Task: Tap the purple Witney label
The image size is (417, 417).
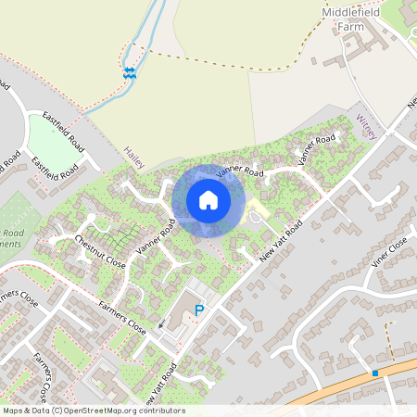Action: pos(366,127)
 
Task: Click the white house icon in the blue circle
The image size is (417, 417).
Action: pos(208,199)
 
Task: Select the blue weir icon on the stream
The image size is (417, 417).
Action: pos(130,72)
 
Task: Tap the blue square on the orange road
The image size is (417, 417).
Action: pos(375,373)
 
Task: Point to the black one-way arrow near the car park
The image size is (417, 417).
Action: pos(160,323)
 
